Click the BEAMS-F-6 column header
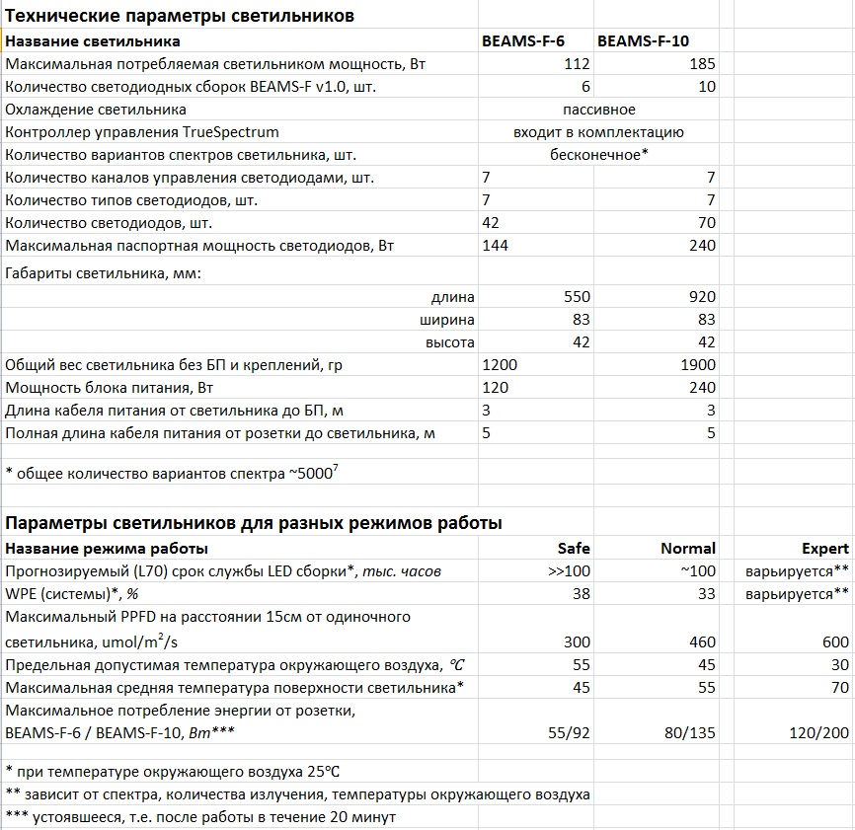[522, 41]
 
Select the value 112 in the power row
[576, 64]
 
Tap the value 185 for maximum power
[702, 64]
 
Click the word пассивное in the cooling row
[598, 110]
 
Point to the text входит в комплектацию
[598, 132]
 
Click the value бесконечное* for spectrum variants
[598, 155]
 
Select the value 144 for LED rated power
[496, 245]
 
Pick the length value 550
[577, 297]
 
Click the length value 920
[702, 297]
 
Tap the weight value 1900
[697, 365]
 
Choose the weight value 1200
[500, 365]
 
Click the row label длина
[452, 297]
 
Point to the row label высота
[450, 342]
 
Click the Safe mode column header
[574, 548]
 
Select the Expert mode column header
[825, 548]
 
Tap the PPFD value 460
[702, 642]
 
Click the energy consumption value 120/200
[817, 733]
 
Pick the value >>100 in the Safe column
[569, 571]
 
